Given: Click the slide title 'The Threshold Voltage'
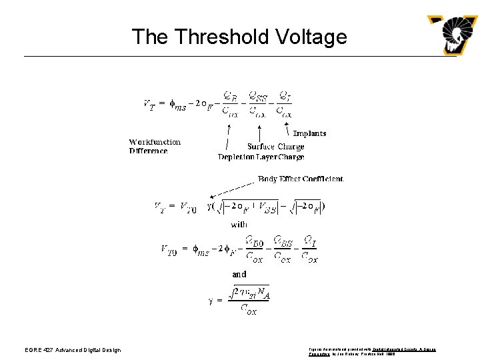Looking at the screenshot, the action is (x=239, y=36).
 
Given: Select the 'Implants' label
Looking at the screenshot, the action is (x=309, y=133).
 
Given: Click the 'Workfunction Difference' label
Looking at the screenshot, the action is (x=155, y=146).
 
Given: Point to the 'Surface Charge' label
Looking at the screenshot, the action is (x=275, y=147).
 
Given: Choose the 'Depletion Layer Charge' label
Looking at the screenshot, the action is (x=261, y=157).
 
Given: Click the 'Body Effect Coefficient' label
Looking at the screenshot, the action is (x=301, y=179).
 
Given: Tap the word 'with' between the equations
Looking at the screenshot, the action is (x=239, y=225).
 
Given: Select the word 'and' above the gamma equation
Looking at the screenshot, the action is (x=239, y=274).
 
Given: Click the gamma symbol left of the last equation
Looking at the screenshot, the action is (x=211, y=300).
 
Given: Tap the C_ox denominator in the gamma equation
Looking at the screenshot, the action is (x=248, y=309).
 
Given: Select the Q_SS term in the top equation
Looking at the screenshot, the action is (x=258, y=97).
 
